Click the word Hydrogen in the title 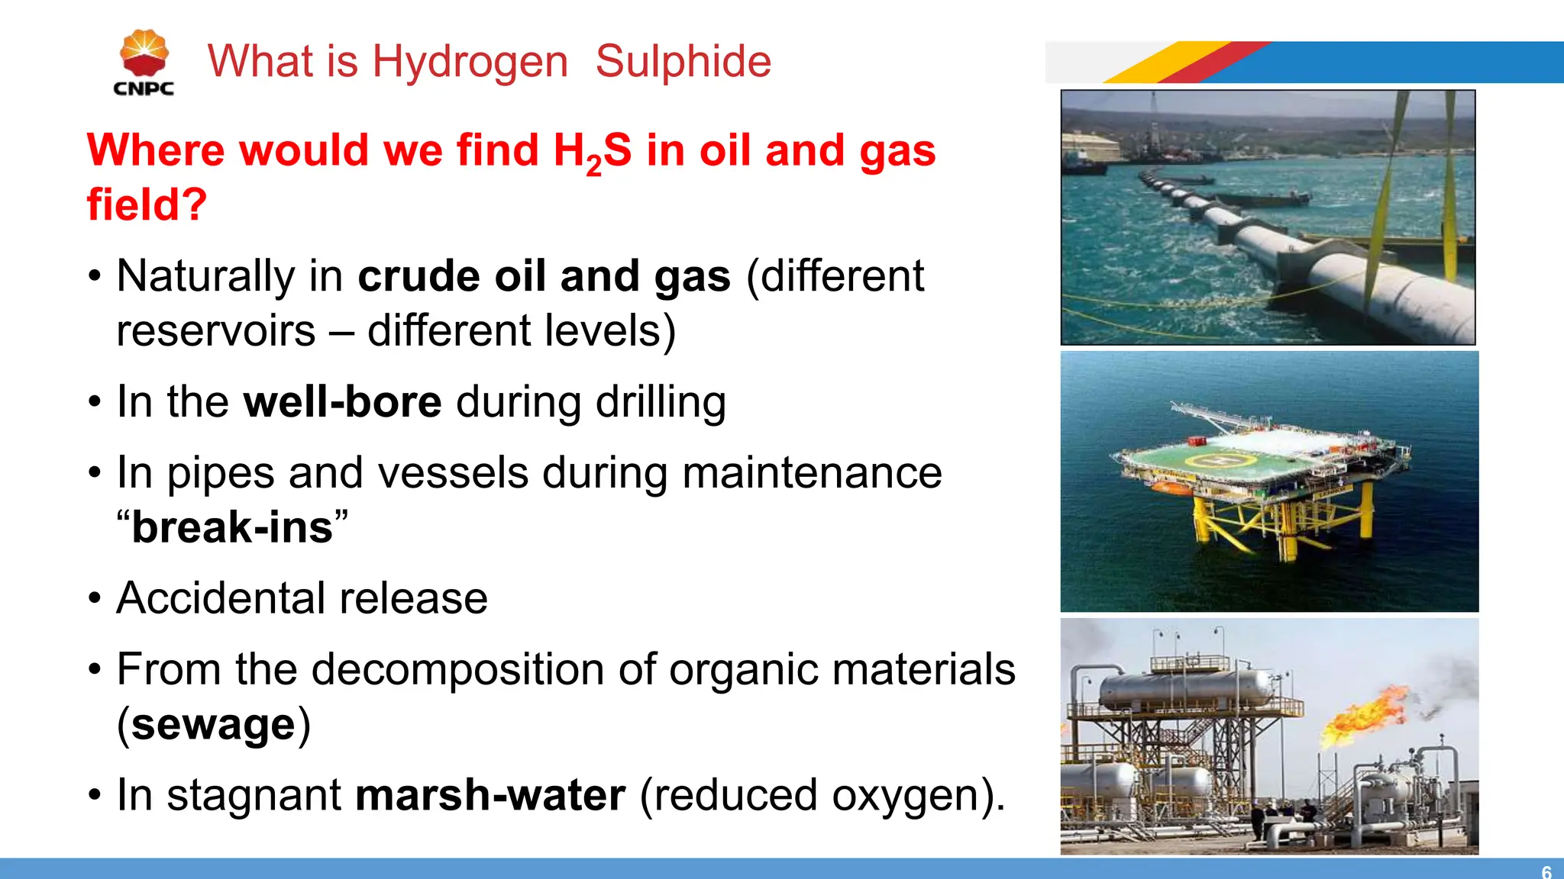470,62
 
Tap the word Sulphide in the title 683,62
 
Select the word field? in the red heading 147,204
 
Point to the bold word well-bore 342,401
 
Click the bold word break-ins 232,527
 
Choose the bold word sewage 213,724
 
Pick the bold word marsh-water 490,795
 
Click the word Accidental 221,598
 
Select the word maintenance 812,472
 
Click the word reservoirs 216,331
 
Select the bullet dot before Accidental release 94,598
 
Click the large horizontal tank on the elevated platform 1183,686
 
